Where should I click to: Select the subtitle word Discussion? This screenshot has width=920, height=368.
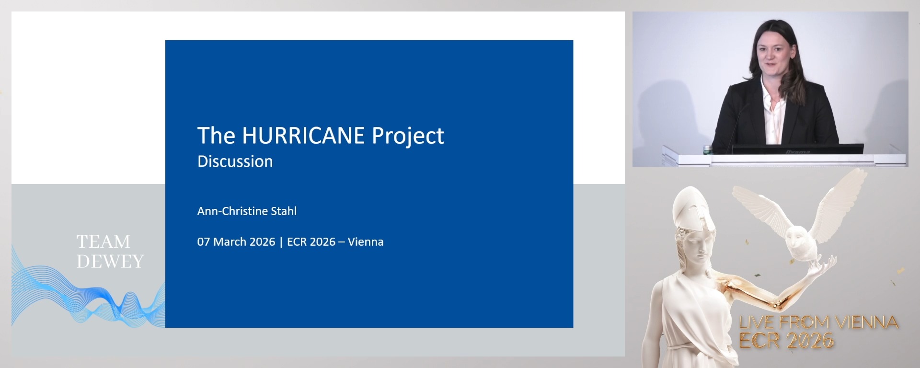[235, 161]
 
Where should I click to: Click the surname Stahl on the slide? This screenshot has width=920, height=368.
[284, 211]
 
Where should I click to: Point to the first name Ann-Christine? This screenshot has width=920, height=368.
[233, 211]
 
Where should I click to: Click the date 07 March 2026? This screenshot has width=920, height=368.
[236, 241]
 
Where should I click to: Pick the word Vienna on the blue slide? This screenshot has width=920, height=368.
[366, 241]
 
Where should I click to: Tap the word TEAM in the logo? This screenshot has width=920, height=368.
[103, 241]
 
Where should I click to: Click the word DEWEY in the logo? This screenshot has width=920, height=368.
[110, 261]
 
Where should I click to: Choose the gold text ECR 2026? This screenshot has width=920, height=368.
[786, 341]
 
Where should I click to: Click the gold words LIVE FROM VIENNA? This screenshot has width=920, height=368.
[818, 322]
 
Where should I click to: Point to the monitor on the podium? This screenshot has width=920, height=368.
[797, 149]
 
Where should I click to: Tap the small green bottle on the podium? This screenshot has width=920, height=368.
[707, 149]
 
